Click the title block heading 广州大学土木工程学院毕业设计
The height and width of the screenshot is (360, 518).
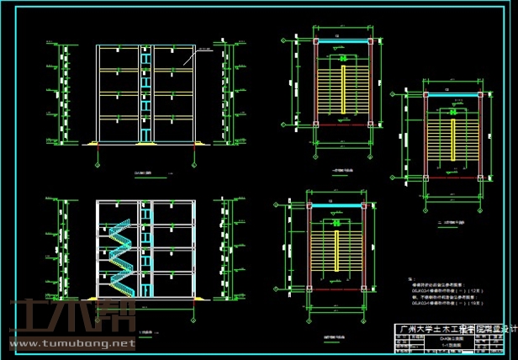pos(455,330)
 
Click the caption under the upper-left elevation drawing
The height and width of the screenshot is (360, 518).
pos(142,174)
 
